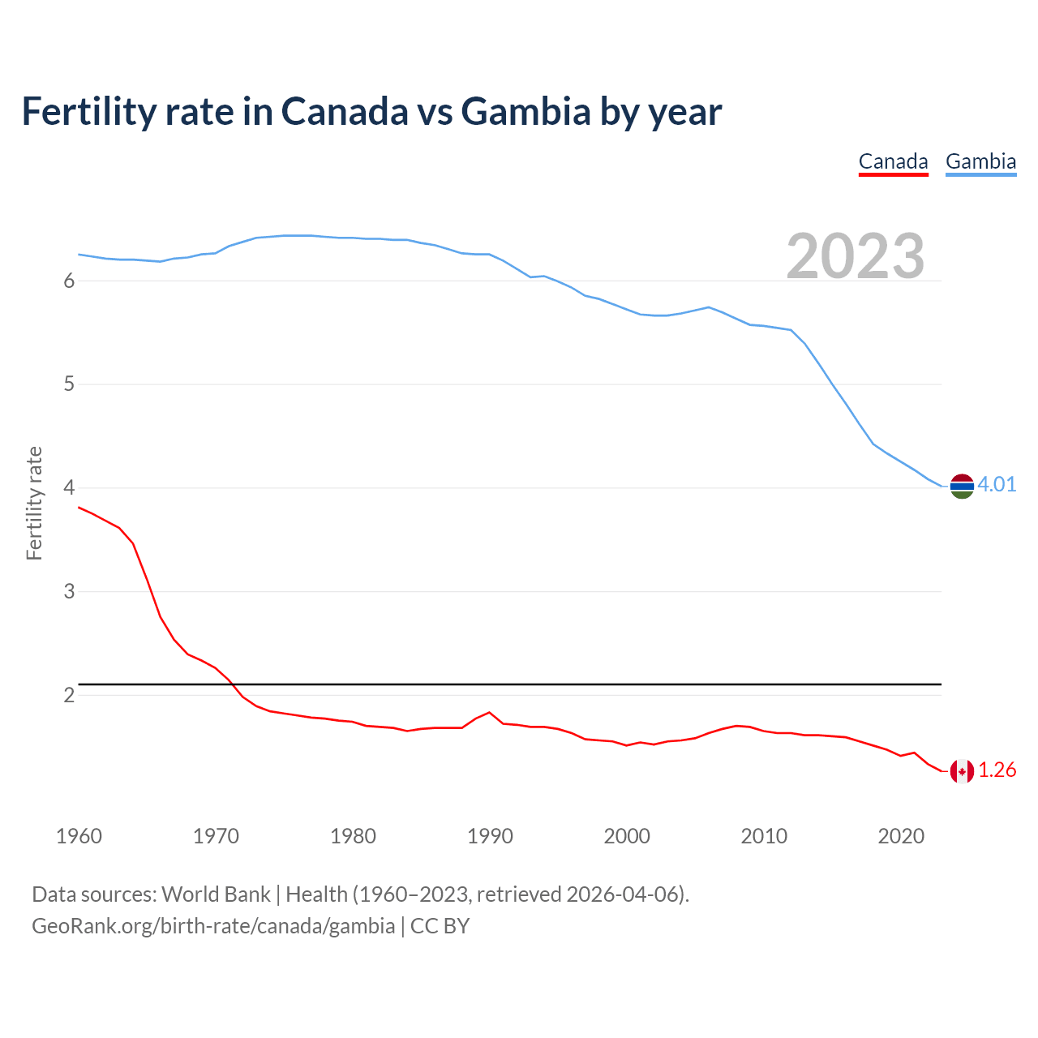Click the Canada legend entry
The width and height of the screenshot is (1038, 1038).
[893, 161]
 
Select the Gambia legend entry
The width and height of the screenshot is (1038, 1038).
[980, 161]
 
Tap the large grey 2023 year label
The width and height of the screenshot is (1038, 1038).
[856, 256]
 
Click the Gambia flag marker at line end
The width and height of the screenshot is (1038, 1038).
[961, 486]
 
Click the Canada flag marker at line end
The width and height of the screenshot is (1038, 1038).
[961, 771]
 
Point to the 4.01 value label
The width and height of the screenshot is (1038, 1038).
[997, 484]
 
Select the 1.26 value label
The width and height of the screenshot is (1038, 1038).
[997, 770]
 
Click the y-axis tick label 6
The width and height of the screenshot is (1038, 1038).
[69, 281]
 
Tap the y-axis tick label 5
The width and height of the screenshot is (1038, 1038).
[69, 384]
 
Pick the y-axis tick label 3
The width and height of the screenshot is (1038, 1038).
[69, 591]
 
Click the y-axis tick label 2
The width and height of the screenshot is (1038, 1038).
[69, 695]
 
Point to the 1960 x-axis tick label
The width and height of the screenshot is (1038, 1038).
[79, 836]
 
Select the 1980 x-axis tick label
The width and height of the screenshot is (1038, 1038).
[353, 836]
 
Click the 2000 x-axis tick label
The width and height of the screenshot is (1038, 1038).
[627, 836]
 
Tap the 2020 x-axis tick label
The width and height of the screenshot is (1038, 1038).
[901, 836]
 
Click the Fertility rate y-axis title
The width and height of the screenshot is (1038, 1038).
[34, 503]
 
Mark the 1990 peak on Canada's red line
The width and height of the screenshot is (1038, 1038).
[489, 712]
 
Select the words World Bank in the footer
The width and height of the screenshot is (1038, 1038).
[216, 894]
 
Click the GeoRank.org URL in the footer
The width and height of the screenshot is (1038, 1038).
[213, 926]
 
